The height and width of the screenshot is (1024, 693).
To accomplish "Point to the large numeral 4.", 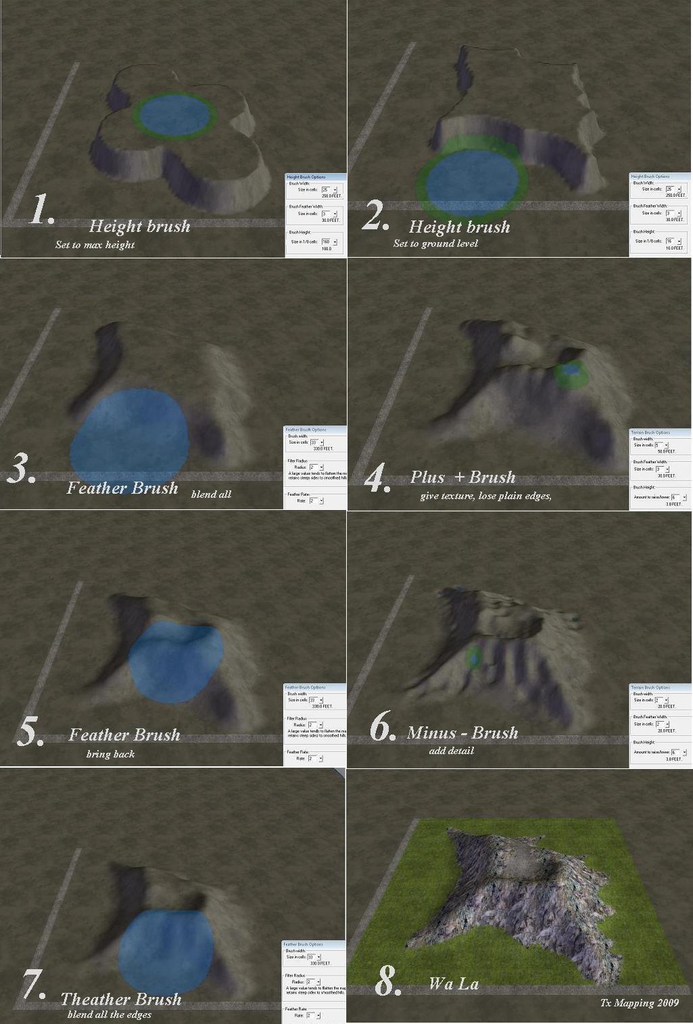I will tap(376, 478).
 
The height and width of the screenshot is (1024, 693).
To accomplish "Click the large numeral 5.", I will tap(29, 732).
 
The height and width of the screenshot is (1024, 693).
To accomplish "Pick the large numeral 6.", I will tap(382, 728).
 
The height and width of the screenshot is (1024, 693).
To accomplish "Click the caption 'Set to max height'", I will tap(95, 245).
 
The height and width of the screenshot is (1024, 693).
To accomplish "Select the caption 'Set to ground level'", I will tap(435, 243).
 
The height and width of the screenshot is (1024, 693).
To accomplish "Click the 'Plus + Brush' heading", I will tap(462, 478).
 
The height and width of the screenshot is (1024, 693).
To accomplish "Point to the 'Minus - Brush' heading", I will tap(462, 733).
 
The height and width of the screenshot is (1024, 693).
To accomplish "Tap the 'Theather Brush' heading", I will tap(121, 1000).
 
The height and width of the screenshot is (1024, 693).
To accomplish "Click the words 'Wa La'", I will tap(454, 984).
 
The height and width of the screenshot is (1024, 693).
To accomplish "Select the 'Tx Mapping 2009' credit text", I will tap(639, 1003).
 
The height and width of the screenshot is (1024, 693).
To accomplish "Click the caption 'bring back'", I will tap(110, 754).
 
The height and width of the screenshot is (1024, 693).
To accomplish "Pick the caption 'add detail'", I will tap(451, 751).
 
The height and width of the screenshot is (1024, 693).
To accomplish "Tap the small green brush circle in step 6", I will tap(474, 656).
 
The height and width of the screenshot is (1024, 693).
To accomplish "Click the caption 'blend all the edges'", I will tap(110, 1015).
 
